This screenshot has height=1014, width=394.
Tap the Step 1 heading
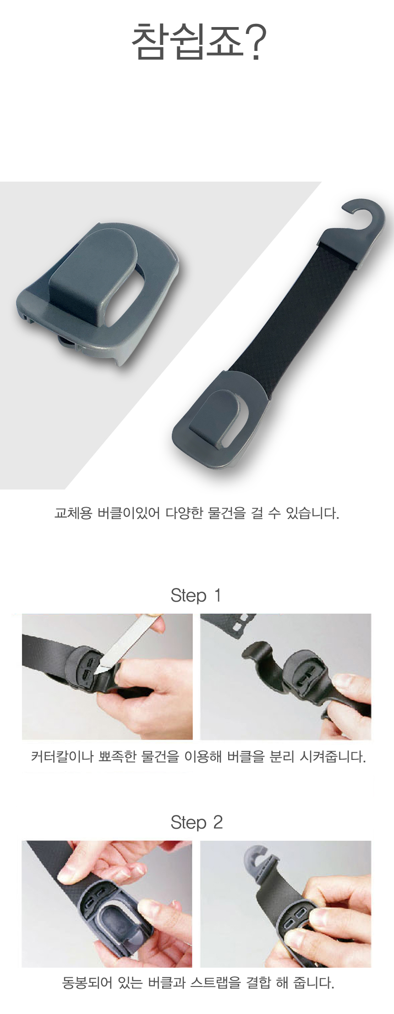click(x=196, y=595)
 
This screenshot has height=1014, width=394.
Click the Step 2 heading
click(x=197, y=822)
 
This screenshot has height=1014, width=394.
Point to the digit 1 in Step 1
click(x=217, y=595)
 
